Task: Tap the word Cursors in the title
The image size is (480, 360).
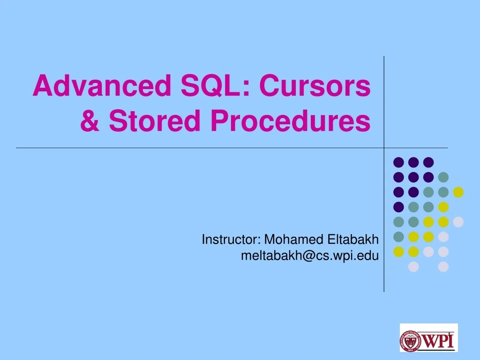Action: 315,87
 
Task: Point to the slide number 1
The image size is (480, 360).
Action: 449,333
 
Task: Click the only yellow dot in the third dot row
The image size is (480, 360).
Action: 458,192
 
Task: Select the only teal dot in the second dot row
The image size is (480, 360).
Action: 443,177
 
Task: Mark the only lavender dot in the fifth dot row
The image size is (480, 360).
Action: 458,222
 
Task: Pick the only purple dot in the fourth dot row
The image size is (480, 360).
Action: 398,207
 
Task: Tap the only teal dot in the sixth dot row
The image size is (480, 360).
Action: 398,237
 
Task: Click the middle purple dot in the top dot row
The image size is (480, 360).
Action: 413,162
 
